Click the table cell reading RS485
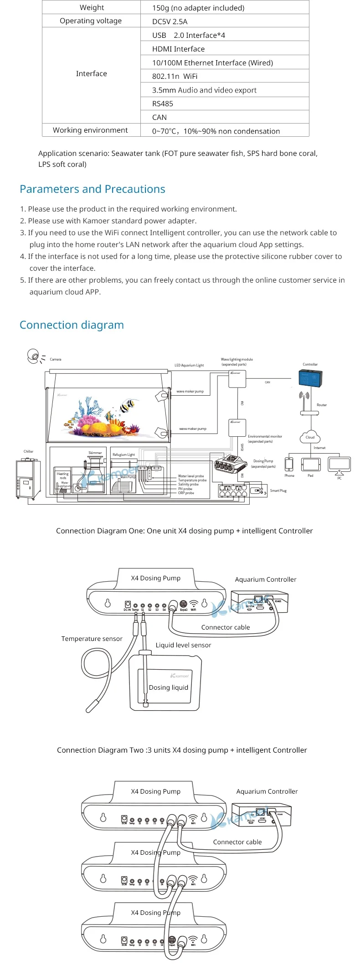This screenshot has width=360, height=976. point(163,103)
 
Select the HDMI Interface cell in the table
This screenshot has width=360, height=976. point(178,49)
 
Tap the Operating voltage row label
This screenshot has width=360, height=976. point(91,21)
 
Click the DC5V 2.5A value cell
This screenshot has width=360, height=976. point(170,21)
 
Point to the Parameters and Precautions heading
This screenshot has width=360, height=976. point(93,189)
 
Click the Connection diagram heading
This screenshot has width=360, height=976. point(72,325)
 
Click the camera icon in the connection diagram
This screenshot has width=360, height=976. point(33,356)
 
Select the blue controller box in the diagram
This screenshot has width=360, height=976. point(310,378)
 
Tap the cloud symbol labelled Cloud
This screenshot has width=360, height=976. point(310,437)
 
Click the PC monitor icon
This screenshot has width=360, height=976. point(339,465)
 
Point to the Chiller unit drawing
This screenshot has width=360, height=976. point(28,479)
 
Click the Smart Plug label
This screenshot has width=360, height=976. point(278,491)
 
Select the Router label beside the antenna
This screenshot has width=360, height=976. point(322,405)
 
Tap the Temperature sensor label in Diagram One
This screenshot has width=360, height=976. point(92,639)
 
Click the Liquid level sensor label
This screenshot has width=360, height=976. point(183,645)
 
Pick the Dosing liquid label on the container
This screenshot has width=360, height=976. point(168,687)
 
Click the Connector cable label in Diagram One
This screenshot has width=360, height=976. point(226,627)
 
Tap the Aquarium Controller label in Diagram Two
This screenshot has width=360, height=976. point(267,791)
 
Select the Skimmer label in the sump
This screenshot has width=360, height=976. point(95,453)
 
